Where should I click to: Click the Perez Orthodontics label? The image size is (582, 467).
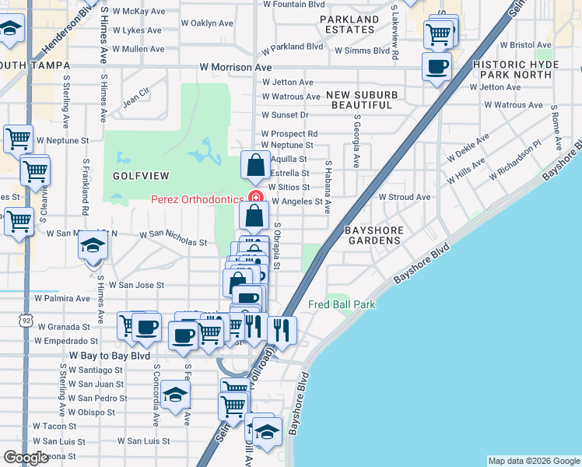pyautogui.click(x=197, y=198)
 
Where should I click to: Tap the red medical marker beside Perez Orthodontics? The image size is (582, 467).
pyautogui.click(x=253, y=198)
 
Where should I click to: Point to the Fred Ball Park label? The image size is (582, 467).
pyautogui.click(x=342, y=304)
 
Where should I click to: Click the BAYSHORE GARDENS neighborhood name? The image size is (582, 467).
pyautogui.click(x=373, y=236)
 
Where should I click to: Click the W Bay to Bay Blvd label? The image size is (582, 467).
pyautogui.click(x=110, y=356)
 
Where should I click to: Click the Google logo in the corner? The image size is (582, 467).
pyautogui.click(x=26, y=458)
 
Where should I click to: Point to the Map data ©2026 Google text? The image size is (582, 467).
pyautogui.click(x=534, y=461)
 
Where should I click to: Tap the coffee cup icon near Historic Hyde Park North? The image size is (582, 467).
pyautogui.click(x=437, y=66)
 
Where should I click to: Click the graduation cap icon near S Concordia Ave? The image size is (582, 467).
pyautogui.click(x=176, y=395)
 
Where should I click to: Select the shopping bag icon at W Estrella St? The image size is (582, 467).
pyautogui.click(x=255, y=165)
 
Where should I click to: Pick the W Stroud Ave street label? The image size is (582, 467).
pyautogui.click(x=405, y=197)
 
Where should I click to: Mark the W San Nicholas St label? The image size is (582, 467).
pyautogui.click(x=173, y=238)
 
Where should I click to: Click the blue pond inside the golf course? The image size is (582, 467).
pyautogui.click(x=205, y=151)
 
